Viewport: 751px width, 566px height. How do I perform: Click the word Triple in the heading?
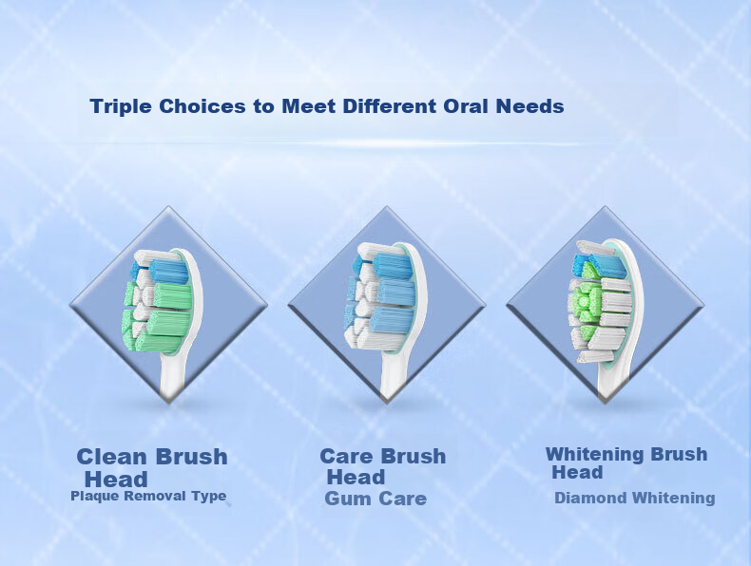tap(121, 106)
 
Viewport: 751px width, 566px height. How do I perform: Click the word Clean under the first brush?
tap(111, 457)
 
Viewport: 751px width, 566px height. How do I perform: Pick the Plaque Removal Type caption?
tap(148, 496)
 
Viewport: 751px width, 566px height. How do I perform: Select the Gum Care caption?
tap(375, 499)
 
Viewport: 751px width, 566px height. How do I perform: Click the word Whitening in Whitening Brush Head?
tap(596, 454)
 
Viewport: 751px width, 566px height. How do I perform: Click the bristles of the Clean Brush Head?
tap(157, 300)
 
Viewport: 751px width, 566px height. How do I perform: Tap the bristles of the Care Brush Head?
tap(380, 295)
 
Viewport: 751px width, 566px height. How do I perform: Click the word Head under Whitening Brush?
tap(577, 473)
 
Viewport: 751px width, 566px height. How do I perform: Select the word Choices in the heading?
tap(202, 105)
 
